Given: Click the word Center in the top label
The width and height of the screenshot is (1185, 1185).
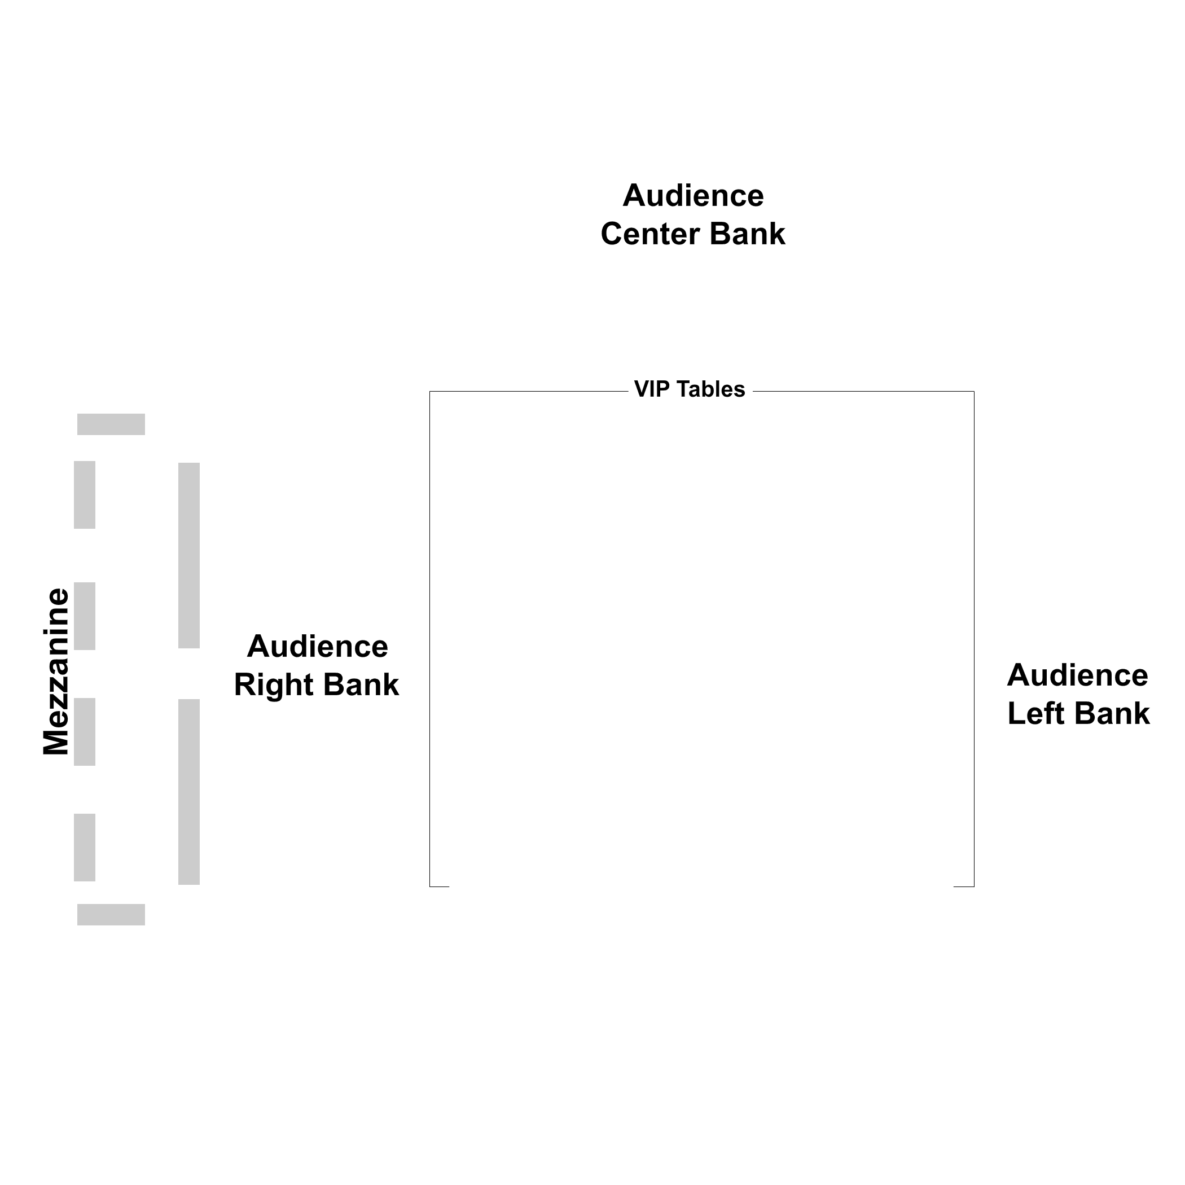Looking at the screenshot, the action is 651,234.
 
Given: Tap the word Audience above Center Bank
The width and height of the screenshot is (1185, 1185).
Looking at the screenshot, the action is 693,196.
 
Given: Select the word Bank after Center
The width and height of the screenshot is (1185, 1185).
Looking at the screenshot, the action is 747,234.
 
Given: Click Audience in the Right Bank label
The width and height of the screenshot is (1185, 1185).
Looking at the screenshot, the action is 317,647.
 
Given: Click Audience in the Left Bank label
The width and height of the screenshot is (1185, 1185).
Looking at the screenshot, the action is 1078,675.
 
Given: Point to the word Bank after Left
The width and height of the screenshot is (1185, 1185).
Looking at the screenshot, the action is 1112,713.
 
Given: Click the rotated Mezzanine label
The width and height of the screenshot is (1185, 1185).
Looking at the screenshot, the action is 56,671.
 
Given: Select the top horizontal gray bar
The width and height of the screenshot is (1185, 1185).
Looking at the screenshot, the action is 111,424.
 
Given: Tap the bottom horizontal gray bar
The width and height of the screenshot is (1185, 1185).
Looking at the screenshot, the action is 111,915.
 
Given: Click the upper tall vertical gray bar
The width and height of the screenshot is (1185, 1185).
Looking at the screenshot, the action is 189,555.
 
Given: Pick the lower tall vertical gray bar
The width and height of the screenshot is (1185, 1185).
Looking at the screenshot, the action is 189,792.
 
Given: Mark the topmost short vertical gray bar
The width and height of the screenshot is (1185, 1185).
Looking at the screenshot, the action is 85,494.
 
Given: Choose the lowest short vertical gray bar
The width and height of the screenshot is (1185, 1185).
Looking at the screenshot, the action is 85,848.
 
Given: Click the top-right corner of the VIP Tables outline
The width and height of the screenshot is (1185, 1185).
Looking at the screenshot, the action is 974,391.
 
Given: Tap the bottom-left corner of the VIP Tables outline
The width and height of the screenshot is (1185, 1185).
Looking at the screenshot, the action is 430,886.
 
